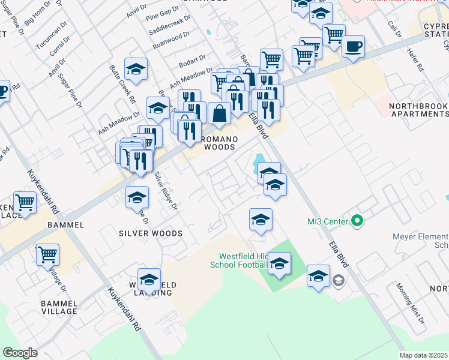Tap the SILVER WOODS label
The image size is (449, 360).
(151, 233)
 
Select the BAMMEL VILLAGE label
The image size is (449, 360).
(59, 307)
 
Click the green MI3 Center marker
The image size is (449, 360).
(358, 221)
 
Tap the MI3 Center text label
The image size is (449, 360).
(328, 221)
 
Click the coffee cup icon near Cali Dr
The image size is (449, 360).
(353, 46)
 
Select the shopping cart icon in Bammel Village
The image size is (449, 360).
(47, 254)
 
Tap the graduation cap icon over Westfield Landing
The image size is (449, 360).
(149, 279)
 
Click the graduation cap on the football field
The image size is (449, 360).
(279, 263)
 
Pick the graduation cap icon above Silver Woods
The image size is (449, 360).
(137, 196)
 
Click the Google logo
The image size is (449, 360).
(20, 353)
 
